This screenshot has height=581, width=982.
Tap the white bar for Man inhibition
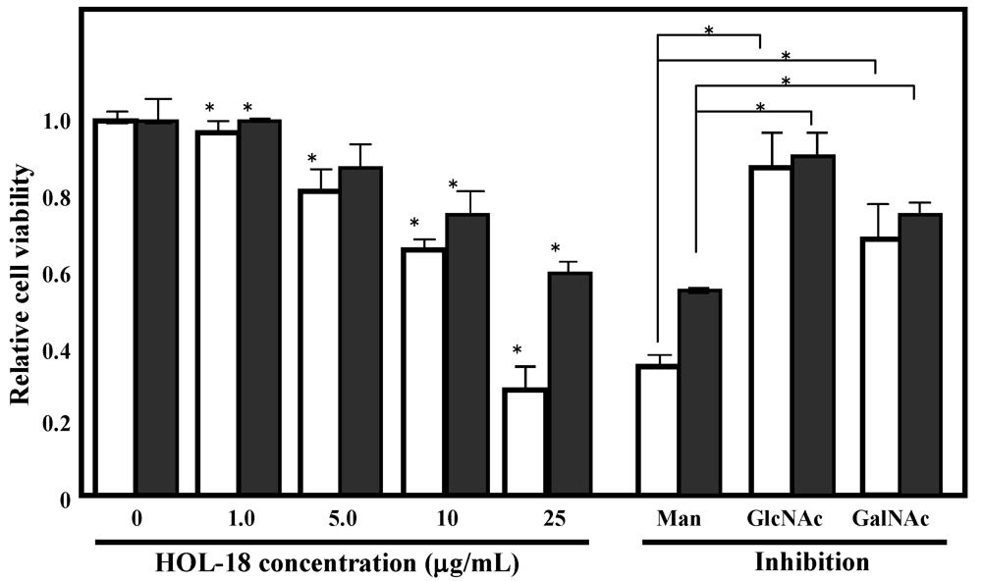658,429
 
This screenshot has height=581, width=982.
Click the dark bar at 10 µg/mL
467,353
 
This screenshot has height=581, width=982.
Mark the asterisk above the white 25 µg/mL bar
518,351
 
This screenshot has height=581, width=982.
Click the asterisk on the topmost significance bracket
709,30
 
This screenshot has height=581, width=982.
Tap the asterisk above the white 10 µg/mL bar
414,223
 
